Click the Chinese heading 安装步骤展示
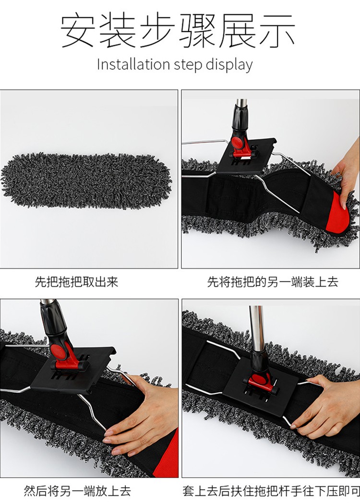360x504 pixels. click(178, 32)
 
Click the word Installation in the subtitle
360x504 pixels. click(133, 64)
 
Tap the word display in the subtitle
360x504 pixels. click(229, 65)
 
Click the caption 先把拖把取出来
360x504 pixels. click(77, 282)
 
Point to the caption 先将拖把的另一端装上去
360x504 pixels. click(273, 282)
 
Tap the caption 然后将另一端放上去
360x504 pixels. click(77, 491)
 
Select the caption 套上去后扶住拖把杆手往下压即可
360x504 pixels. click(271, 491)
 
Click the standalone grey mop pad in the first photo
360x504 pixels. click(86, 180)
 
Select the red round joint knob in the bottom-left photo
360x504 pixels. click(58, 350)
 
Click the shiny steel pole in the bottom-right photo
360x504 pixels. click(257, 328)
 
